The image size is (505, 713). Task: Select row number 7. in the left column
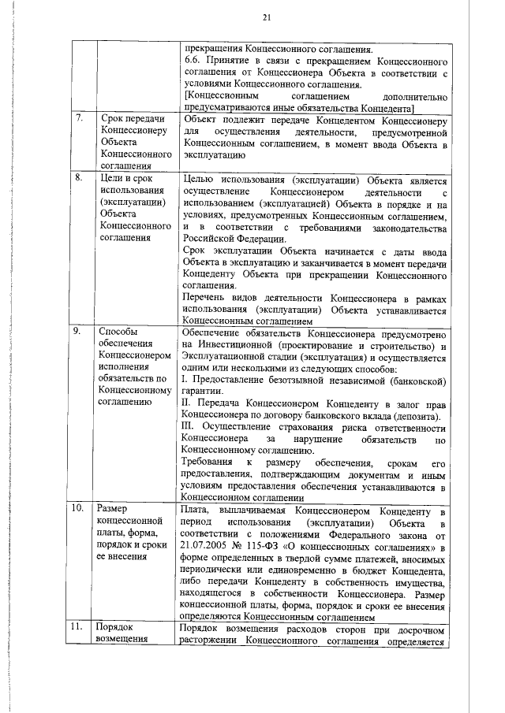[x=80, y=119]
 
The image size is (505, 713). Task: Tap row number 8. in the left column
[x=79, y=177]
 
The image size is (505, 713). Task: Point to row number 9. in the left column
[x=78, y=331]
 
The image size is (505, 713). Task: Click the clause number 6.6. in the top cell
[x=192, y=59]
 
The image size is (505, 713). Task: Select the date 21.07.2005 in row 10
[x=208, y=544]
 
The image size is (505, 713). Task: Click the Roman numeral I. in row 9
[x=183, y=381]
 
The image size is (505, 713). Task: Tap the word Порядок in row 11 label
[x=115, y=627]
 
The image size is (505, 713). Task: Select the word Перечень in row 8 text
[x=207, y=297]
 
